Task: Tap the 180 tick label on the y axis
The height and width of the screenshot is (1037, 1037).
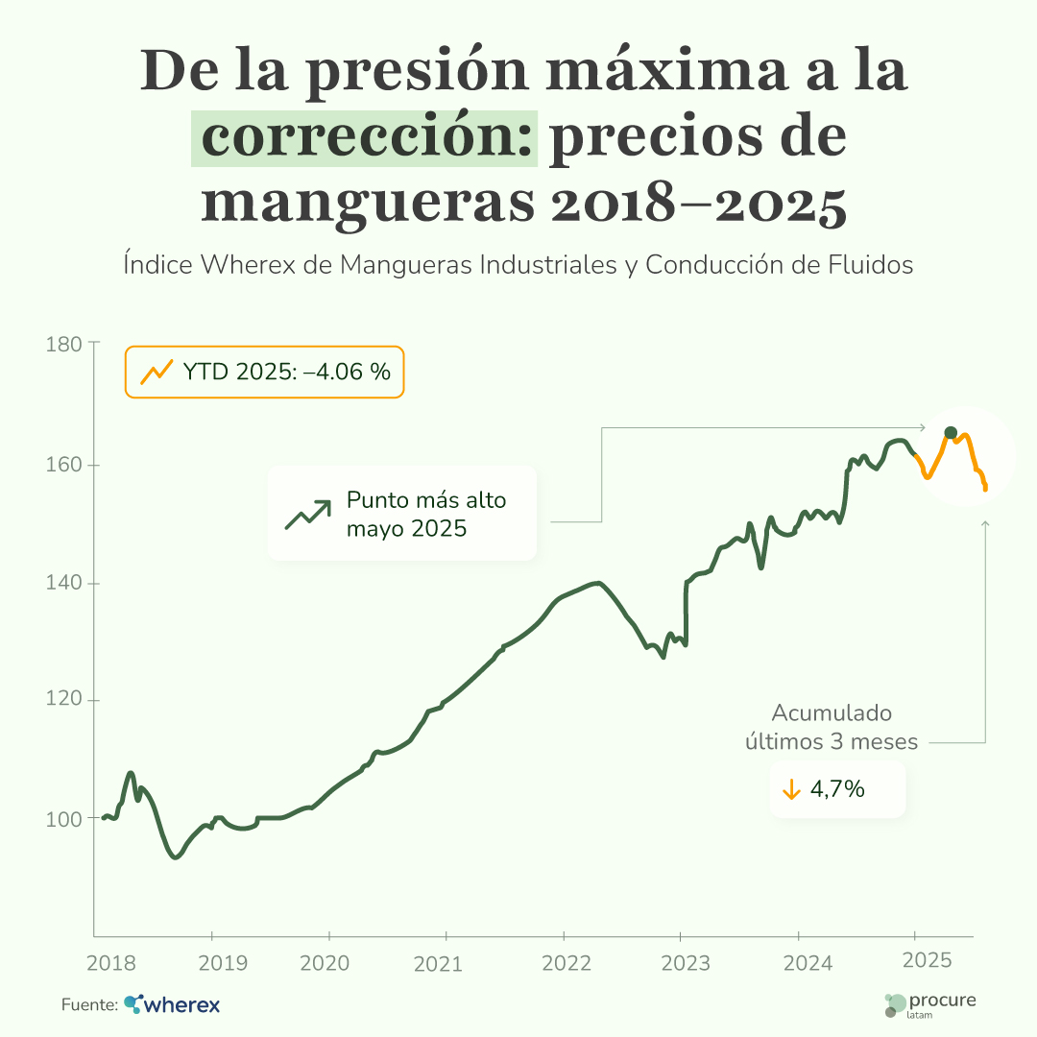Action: pyautogui.click(x=65, y=343)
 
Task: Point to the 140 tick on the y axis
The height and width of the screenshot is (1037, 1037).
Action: pyautogui.click(x=65, y=583)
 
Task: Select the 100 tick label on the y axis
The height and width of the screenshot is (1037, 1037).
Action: pyautogui.click(x=65, y=819)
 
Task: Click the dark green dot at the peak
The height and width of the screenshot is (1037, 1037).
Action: pyautogui.click(x=951, y=433)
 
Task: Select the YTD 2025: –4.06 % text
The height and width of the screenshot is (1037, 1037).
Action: pyautogui.click(x=286, y=372)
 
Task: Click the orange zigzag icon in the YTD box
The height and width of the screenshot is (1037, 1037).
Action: pyautogui.click(x=156, y=372)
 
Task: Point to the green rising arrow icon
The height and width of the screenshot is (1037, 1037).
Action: pyautogui.click(x=307, y=515)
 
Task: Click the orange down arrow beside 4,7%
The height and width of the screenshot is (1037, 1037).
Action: pyautogui.click(x=791, y=790)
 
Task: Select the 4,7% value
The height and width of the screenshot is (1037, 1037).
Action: pyautogui.click(x=838, y=789)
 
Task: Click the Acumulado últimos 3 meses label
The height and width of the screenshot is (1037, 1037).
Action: pyautogui.click(x=832, y=728)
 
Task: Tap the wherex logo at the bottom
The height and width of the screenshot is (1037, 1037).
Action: pyautogui.click(x=173, y=1005)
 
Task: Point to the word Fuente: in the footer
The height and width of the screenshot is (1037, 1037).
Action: pyautogui.click(x=89, y=1005)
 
